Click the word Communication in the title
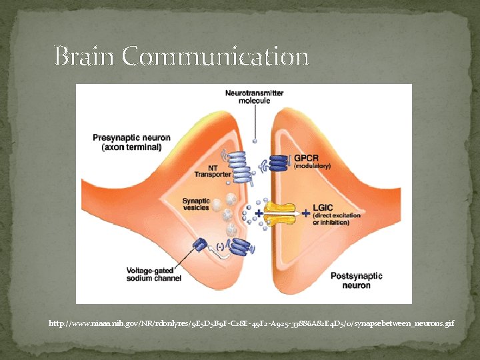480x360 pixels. click(215, 57)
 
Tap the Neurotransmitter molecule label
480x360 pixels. click(254, 97)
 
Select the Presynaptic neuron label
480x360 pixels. click(131, 138)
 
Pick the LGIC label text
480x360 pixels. click(324, 209)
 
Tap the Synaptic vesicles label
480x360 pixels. click(196, 204)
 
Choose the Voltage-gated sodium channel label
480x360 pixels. click(155, 275)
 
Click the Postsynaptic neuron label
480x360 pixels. click(357, 281)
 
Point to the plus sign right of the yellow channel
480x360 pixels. click(306, 213)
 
